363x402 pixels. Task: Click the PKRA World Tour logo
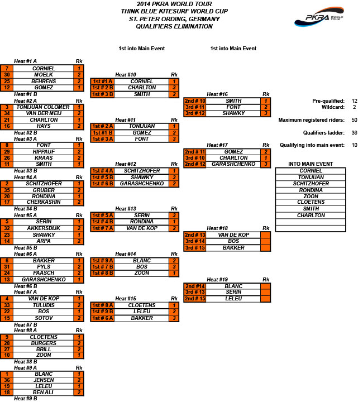click(x=319, y=17)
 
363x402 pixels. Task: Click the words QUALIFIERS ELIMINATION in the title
click(x=174, y=26)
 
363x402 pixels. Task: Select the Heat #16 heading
click(x=217, y=94)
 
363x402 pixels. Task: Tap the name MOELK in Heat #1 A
click(x=44, y=75)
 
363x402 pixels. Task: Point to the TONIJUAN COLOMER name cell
click(x=43, y=107)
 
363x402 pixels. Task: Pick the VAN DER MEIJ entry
click(x=44, y=113)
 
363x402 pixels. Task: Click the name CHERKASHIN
click(x=44, y=202)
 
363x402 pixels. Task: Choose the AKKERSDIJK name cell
click(x=44, y=228)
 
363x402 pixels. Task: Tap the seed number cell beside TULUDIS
click(x=7, y=305)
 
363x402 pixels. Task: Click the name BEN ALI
click(x=43, y=393)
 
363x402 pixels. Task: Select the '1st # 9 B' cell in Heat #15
click(x=102, y=311)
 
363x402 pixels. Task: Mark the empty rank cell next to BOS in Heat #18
click(x=266, y=241)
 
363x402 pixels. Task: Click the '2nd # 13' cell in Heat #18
click(x=195, y=235)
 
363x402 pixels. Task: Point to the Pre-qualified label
click(x=328, y=100)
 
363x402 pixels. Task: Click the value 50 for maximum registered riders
click(x=354, y=119)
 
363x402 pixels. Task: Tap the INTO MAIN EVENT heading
click(x=311, y=164)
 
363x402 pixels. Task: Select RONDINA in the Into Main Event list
click(x=311, y=190)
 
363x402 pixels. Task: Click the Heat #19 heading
click(x=217, y=280)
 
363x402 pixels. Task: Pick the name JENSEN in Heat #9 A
click(x=44, y=380)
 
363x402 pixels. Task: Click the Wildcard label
click(x=333, y=107)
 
